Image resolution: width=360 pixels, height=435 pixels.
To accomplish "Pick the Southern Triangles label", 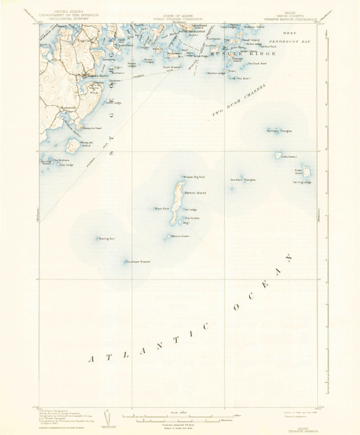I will pos(243,179).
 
